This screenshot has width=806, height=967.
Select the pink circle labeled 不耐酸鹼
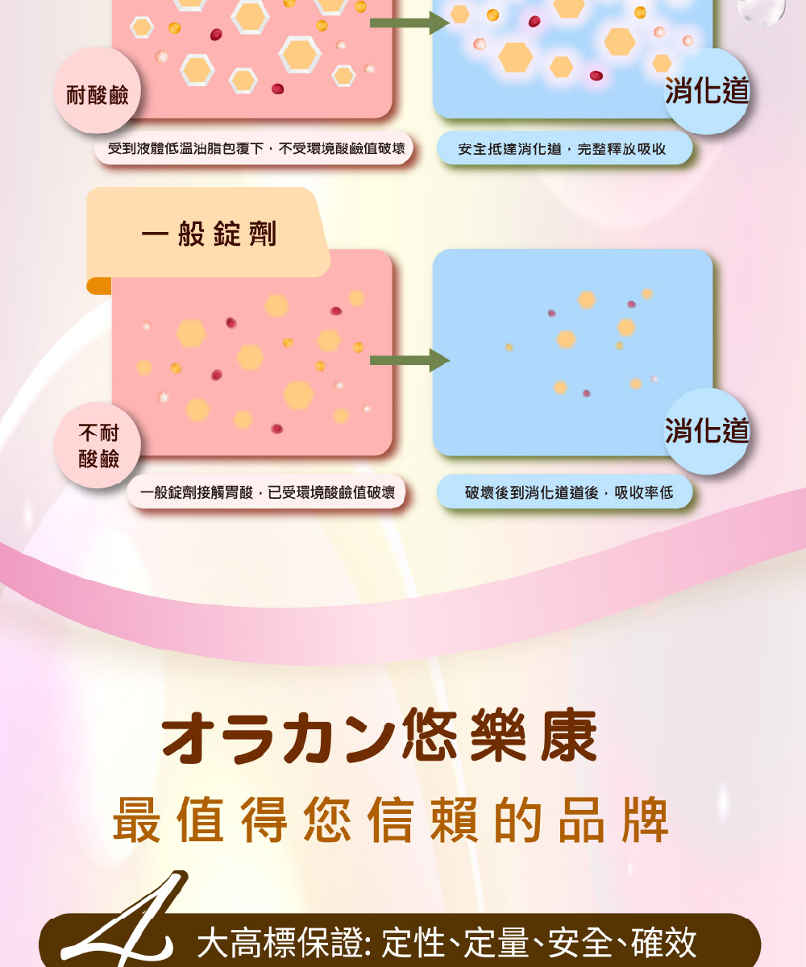pos(98,446)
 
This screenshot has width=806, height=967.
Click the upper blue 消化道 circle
pos(707,91)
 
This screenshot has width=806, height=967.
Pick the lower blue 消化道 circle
pos(707,431)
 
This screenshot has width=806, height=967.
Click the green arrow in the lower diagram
pos(409,360)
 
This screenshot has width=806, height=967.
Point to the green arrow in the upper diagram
pos(409,23)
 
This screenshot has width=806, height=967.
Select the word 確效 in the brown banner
pos(664,941)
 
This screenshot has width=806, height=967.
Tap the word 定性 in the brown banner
pos(413,941)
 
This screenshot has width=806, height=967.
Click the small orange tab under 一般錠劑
pos(98,286)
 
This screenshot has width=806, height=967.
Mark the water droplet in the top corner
pos(761,11)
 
